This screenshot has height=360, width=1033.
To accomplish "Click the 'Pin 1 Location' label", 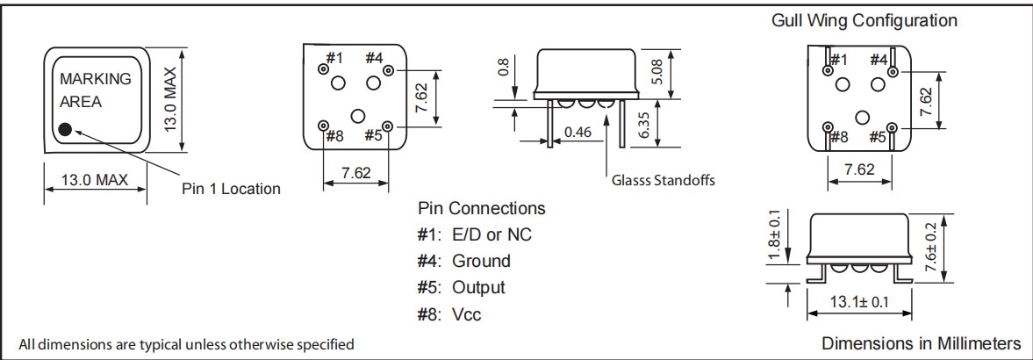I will (231, 188).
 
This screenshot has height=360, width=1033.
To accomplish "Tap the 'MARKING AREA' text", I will (95, 90).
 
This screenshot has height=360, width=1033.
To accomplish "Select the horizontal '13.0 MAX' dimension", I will (94, 180).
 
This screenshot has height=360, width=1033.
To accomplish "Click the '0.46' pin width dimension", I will (579, 132).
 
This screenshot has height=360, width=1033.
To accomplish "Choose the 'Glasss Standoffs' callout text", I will (664, 181).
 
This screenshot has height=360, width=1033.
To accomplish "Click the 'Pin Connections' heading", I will (481, 209).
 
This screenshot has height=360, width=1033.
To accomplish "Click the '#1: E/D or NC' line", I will (474, 234).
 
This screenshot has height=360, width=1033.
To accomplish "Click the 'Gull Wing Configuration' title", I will (864, 20).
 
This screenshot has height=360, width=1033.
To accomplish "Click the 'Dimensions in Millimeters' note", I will (921, 342).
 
